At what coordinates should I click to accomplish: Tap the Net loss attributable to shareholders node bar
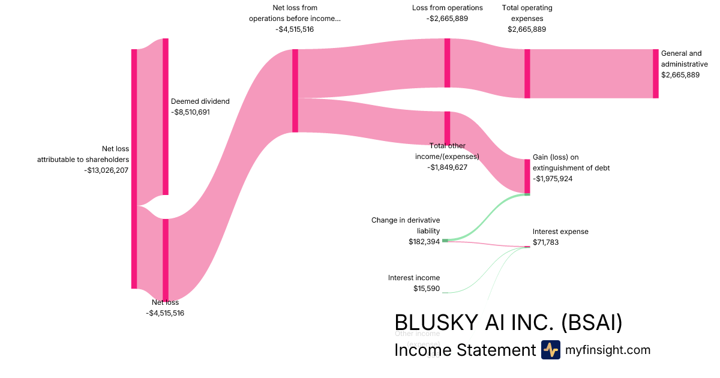pos(134,169)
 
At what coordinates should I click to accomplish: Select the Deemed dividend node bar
pos(166,116)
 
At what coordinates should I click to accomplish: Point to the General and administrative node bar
pos(656,73)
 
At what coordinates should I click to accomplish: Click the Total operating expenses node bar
pos(527,73)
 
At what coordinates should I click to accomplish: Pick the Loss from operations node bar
pos(447,63)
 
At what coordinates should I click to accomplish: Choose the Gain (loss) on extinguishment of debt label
pos(571,163)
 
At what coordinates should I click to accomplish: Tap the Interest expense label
pos(560,232)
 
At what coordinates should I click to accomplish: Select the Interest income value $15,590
pos(427,289)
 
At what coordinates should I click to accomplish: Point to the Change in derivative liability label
pos(406,225)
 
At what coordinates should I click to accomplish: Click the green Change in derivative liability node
pos(445,241)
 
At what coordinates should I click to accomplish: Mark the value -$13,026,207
pos(107,170)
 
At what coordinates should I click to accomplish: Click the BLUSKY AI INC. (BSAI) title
pos(508,323)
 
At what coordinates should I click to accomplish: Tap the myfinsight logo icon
pos(550,350)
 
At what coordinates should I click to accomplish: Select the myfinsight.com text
pos(608,350)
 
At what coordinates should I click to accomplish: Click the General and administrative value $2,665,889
pos(680,75)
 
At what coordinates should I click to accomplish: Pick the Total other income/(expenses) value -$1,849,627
pos(447,167)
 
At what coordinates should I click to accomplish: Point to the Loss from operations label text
pos(447,8)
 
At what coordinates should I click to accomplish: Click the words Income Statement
pos(464,350)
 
